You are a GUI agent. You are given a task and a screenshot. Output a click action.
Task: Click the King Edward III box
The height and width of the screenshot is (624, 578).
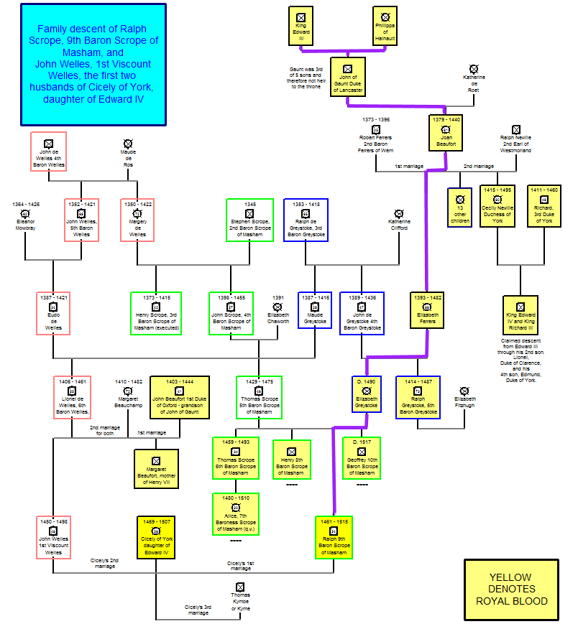(301, 26)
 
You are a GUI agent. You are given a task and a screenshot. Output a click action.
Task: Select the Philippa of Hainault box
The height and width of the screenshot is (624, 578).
(385, 26)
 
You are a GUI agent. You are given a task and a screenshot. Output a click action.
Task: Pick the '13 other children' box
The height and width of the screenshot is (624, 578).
(460, 208)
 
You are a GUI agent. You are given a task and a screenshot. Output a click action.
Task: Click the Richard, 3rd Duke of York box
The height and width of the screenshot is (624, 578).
(543, 207)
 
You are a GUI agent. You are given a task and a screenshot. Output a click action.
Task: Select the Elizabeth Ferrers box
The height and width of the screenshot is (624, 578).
(428, 310)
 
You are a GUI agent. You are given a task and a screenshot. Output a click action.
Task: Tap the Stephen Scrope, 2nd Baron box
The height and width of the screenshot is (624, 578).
(249, 220)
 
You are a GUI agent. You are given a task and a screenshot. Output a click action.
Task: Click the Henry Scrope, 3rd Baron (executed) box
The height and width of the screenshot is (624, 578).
(156, 312)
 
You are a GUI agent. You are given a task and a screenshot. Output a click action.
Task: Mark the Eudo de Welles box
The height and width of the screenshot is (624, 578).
(53, 312)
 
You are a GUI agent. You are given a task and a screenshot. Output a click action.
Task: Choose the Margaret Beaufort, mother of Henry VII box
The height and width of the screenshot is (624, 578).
(156, 468)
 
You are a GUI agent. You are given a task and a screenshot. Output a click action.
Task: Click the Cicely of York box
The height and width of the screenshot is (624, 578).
(156, 537)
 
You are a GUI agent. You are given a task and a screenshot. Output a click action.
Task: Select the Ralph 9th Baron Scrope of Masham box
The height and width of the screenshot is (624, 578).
(334, 537)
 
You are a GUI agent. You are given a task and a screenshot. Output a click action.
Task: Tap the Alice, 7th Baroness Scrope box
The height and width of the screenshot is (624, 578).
(236, 513)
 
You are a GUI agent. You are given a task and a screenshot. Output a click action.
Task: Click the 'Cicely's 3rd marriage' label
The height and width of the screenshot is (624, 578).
(198, 610)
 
